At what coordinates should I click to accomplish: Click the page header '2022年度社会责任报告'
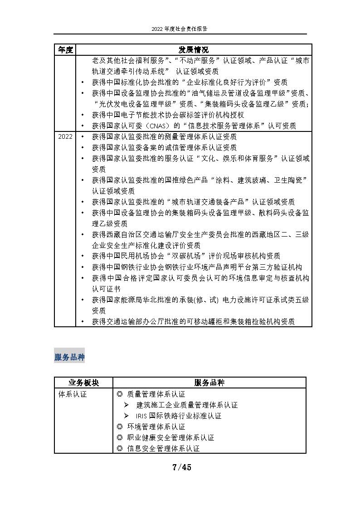(180, 28)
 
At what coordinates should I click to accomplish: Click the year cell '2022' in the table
(65, 136)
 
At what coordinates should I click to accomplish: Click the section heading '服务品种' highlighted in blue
(69, 357)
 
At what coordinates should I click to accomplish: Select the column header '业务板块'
(83, 383)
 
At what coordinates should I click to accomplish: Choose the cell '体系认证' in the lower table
(73, 394)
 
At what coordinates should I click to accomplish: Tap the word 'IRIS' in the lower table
(141, 416)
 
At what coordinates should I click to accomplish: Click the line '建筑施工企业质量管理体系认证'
(187, 405)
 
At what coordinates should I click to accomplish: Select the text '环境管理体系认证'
(156, 427)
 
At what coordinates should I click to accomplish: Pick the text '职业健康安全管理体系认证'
(170, 437)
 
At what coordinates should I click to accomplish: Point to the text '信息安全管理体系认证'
(163, 448)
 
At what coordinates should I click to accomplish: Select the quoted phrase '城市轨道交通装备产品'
(207, 202)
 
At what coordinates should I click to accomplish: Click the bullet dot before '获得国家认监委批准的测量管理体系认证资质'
(82, 136)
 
